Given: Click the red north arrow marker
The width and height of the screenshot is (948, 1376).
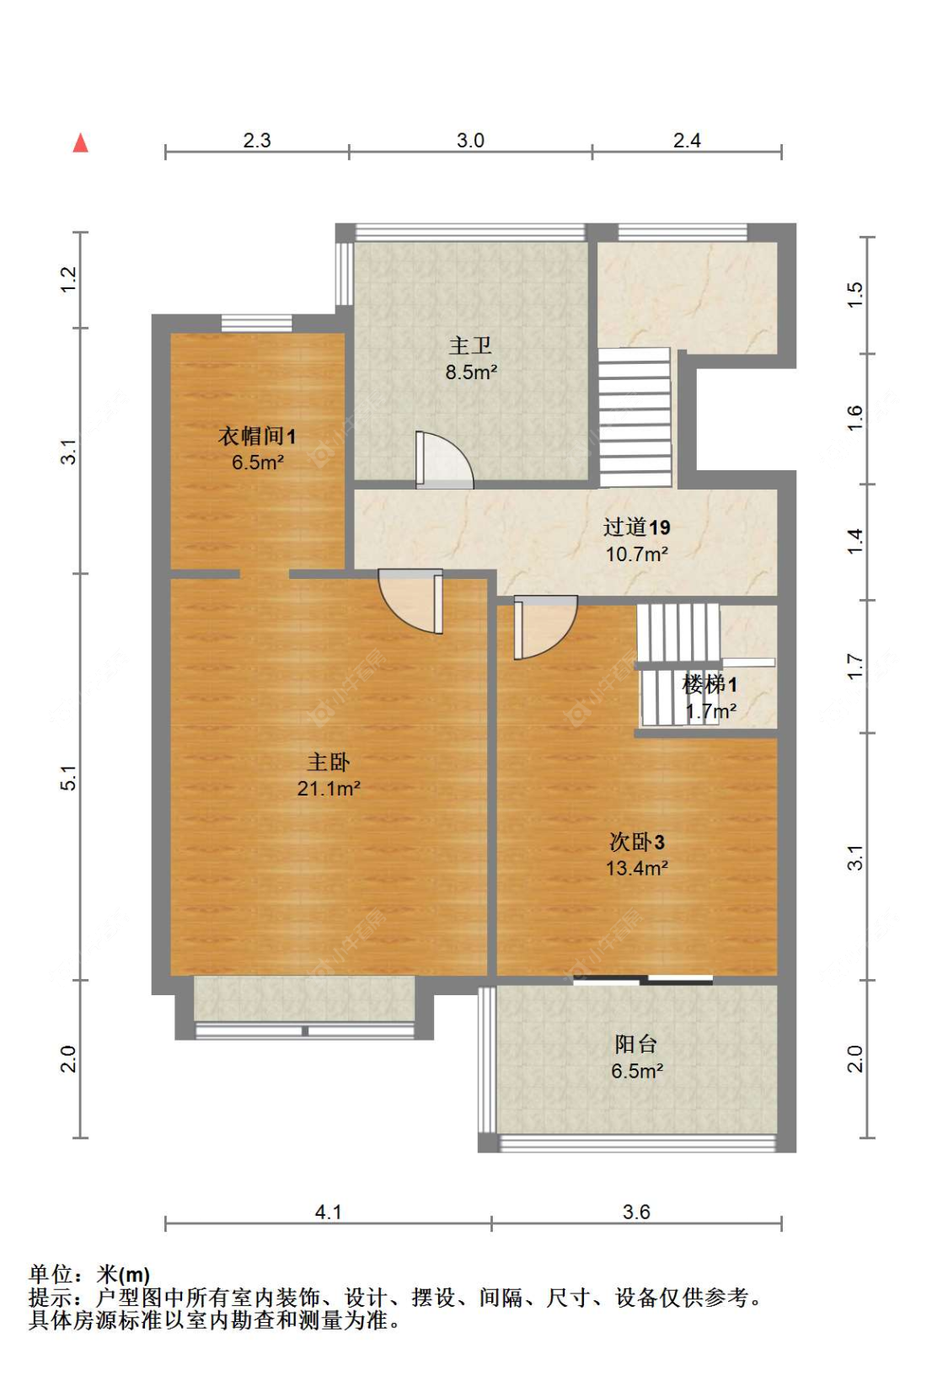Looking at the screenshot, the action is pos(81,143).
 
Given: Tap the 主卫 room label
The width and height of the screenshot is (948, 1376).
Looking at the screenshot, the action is pos(470,345).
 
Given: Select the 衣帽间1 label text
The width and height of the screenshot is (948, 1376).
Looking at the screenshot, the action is pos(257,436).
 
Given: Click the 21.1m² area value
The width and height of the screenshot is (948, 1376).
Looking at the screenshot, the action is pos(329,788).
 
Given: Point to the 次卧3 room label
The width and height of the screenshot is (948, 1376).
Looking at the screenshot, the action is pos(636,842).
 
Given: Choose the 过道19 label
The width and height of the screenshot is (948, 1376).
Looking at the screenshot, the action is pos(636,527).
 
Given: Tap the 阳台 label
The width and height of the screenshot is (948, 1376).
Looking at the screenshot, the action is pos(636,1044).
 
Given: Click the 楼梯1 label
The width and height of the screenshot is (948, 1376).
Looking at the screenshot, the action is pos(710,683).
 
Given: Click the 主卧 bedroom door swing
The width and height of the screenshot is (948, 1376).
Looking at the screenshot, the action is pos(410,602).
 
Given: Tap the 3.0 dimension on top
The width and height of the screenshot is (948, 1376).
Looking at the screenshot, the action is pos(470,141).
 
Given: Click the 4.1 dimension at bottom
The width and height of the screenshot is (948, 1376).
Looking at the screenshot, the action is pos(328,1212).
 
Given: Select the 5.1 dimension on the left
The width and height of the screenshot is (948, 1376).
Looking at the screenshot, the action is pos(69,777).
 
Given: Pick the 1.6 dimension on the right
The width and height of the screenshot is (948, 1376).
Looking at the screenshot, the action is pos(854,418).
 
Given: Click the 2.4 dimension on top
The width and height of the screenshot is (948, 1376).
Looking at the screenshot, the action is pos(687,141).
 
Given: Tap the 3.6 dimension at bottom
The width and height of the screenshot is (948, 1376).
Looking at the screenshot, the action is pos(636,1212).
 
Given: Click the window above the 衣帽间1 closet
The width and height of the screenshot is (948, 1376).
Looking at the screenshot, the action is pos(256,324).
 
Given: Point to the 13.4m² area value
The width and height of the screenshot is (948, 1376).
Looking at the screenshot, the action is pos(636,868).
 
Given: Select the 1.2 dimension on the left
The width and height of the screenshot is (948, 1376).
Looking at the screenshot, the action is pos(69,280).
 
